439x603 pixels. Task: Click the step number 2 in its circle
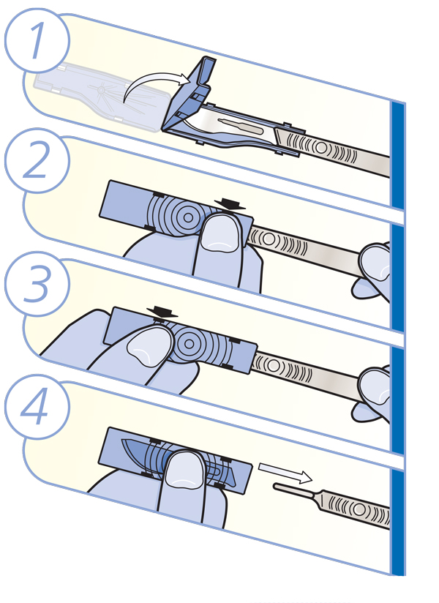[37, 160]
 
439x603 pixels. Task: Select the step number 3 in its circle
[37, 284]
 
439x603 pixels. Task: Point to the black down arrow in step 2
[230, 204]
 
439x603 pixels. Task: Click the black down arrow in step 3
[162, 312]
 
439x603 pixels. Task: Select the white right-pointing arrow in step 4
[285, 473]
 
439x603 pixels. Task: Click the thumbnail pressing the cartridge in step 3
[148, 348]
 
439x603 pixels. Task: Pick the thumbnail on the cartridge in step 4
[184, 471]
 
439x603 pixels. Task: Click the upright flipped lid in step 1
[190, 92]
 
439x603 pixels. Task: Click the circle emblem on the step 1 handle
[320, 148]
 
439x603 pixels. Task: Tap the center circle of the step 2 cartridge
[188, 217]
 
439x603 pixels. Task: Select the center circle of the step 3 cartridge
[189, 343]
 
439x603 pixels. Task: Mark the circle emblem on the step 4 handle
[359, 510]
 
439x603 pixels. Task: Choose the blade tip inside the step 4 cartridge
[124, 441]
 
